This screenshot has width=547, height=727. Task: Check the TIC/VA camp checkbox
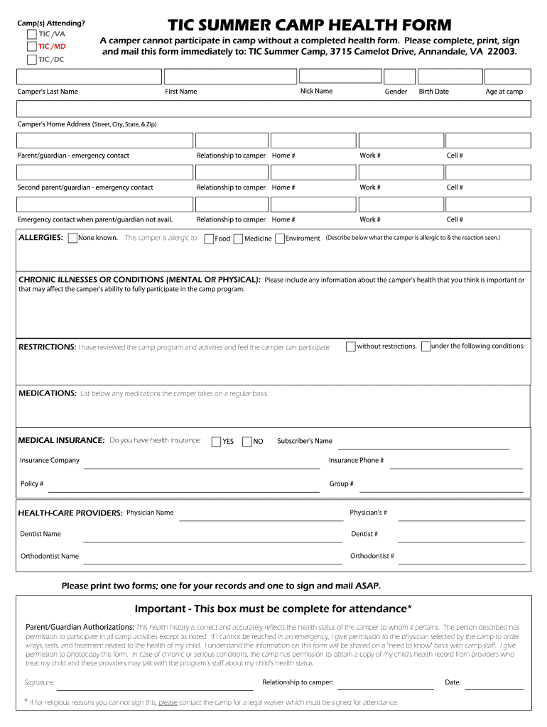31,34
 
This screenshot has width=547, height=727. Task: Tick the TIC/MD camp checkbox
31,47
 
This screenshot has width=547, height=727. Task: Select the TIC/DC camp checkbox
31,60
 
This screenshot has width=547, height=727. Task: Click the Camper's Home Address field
273,108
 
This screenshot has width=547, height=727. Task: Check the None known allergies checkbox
72,239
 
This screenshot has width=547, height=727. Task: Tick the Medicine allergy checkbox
238,239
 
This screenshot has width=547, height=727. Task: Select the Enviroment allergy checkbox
280,239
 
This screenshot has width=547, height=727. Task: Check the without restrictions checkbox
351,346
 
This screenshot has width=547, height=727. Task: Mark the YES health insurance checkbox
216,442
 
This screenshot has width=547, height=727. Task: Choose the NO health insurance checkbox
247,442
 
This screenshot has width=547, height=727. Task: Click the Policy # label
32,483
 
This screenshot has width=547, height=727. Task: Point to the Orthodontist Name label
50,556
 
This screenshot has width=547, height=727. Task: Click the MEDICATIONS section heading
47,393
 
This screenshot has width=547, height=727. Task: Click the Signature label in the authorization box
40,683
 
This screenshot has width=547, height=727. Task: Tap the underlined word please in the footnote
168,702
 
